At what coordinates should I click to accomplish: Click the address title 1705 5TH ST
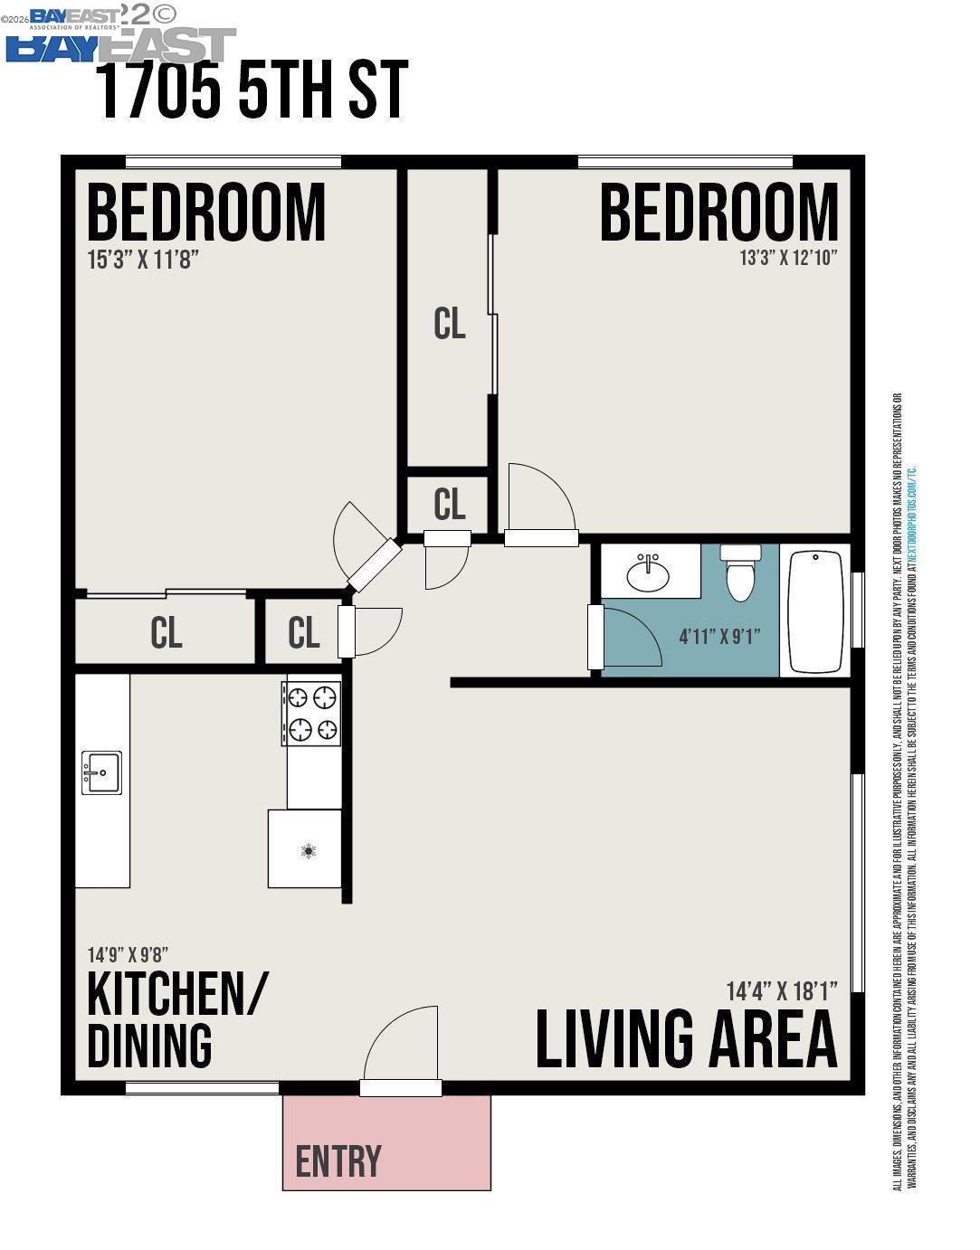pyautogui.click(x=252, y=90)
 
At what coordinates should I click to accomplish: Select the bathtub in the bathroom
pyautogui.click(x=815, y=611)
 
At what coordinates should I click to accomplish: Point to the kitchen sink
pyautogui.click(x=101, y=772)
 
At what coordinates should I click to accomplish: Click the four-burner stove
pyautogui.click(x=313, y=713)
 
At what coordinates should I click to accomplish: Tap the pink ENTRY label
pyautogui.click(x=338, y=1161)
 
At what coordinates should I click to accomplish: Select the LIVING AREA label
pyautogui.click(x=686, y=1039)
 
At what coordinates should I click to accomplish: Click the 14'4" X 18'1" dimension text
pyautogui.click(x=781, y=990)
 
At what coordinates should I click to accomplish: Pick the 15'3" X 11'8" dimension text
pyautogui.click(x=142, y=260)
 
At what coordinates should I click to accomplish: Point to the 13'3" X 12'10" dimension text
pyautogui.click(x=788, y=258)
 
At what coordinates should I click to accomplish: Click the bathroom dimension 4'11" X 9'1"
pyautogui.click(x=719, y=636)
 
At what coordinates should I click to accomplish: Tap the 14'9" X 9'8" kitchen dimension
pyautogui.click(x=128, y=954)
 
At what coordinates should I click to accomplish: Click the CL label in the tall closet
pyautogui.click(x=449, y=323)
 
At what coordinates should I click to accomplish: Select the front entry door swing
pyautogui.click(x=402, y=1049)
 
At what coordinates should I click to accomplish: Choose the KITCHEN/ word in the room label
pyautogui.click(x=177, y=994)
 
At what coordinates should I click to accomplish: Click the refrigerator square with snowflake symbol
pyautogui.click(x=306, y=849)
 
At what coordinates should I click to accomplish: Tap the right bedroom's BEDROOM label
pyautogui.click(x=718, y=213)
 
